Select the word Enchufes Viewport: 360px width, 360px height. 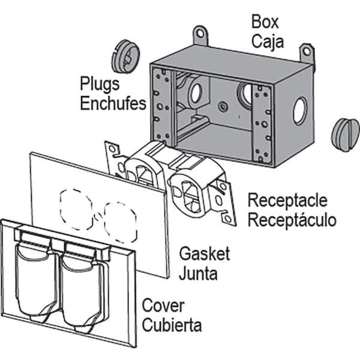[113, 103]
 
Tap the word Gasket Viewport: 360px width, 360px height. [205, 253]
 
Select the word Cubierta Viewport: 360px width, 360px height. [172, 326]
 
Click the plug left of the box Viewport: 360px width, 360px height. [125, 56]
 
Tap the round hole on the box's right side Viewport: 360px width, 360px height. [299, 113]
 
